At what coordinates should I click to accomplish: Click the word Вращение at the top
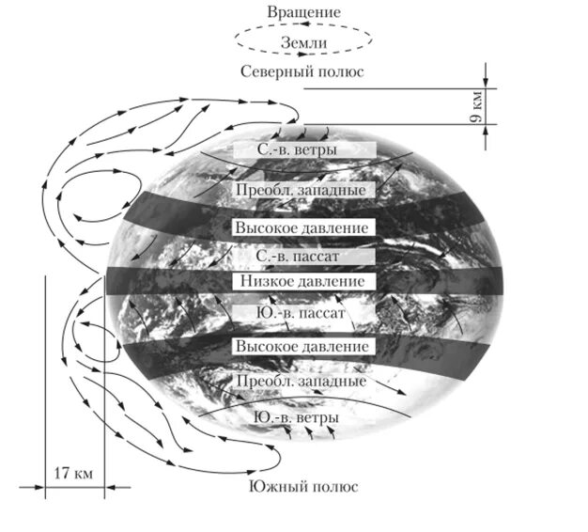point(302,12)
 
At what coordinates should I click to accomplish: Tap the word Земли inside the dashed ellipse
point(302,41)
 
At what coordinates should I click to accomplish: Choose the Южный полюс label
point(303,487)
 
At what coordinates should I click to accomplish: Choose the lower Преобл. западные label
point(303,383)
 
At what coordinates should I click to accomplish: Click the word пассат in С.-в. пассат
point(325,255)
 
